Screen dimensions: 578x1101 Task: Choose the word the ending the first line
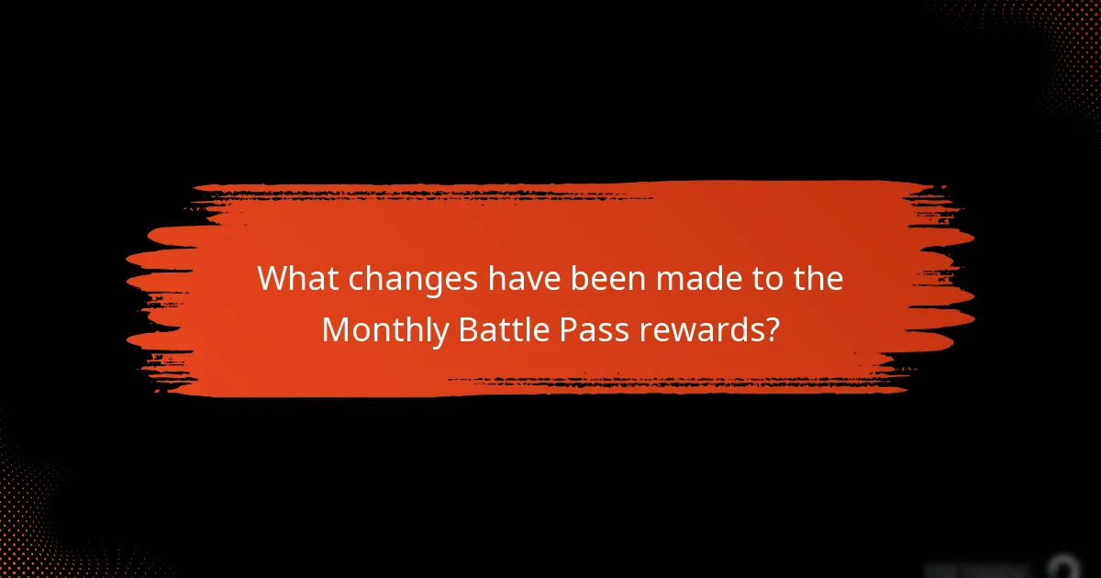(813, 278)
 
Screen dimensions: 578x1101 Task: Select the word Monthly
(383, 330)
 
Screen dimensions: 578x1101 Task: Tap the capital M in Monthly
(336, 329)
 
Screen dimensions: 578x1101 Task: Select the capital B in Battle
(465, 329)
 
